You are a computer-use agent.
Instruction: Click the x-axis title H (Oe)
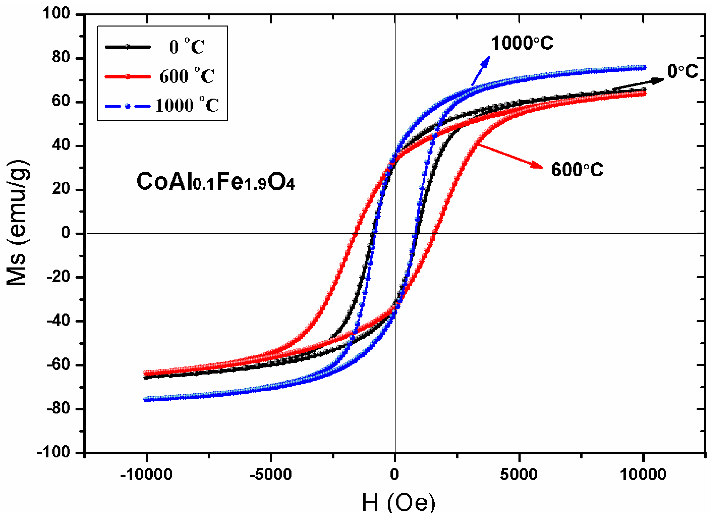pos(398,503)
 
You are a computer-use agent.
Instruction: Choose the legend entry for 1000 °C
pos(187,105)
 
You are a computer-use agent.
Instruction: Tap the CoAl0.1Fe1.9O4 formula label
pos(215,182)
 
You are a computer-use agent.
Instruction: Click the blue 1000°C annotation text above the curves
pos(522,43)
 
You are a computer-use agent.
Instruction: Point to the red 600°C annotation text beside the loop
pos(577,169)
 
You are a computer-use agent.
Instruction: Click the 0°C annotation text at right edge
pos(683,71)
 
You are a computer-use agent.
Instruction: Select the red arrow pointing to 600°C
pos(510,156)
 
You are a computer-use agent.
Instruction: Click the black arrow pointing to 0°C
pos(637,84)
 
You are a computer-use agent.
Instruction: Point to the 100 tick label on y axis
pos(56,14)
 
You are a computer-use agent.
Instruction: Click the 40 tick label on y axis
pos(61,145)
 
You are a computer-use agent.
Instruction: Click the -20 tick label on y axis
pos(58,277)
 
